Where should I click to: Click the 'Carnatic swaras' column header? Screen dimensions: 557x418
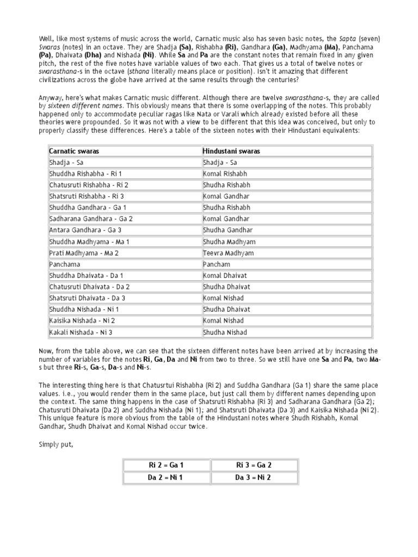point(74,151)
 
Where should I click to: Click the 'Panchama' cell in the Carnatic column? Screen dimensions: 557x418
point(65,264)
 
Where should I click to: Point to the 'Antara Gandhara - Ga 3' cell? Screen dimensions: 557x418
point(85,230)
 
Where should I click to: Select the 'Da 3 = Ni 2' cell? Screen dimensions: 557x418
point(253,478)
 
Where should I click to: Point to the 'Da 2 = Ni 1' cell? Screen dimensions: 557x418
point(166,478)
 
